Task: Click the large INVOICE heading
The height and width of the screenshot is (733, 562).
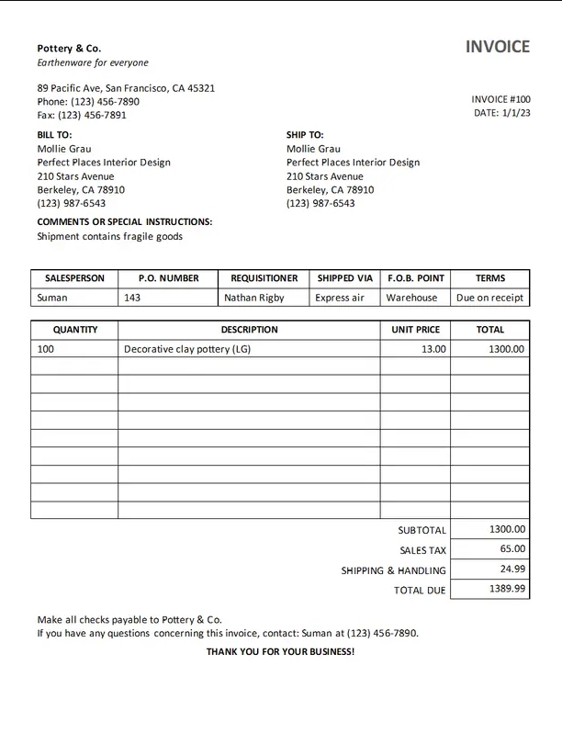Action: (497, 47)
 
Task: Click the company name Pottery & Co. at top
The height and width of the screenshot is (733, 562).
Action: (69, 48)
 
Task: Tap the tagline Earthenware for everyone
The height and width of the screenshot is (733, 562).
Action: (92, 62)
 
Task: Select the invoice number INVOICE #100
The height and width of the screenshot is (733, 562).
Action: (500, 99)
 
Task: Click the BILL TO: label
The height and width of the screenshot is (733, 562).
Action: (54, 134)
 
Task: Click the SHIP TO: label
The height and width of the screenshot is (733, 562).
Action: (305, 134)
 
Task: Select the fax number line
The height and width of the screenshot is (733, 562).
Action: (82, 115)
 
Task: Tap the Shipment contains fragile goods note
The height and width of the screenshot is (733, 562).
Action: (109, 236)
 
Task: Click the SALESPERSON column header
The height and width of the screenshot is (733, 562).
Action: (74, 278)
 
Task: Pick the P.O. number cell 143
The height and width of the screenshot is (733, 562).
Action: (132, 298)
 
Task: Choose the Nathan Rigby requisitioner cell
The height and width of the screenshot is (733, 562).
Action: (254, 298)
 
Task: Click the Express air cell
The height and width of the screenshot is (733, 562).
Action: (340, 298)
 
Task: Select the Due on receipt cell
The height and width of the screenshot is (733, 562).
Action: (489, 298)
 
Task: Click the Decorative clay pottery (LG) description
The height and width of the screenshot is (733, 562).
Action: (186, 349)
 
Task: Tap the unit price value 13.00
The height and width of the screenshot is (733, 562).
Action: (433, 349)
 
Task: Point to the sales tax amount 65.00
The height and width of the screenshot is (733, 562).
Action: (512, 548)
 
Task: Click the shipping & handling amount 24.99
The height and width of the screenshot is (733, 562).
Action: (512, 569)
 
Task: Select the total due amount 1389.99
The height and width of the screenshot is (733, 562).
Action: (507, 589)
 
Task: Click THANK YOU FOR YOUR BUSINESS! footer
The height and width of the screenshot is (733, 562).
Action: (280, 651)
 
